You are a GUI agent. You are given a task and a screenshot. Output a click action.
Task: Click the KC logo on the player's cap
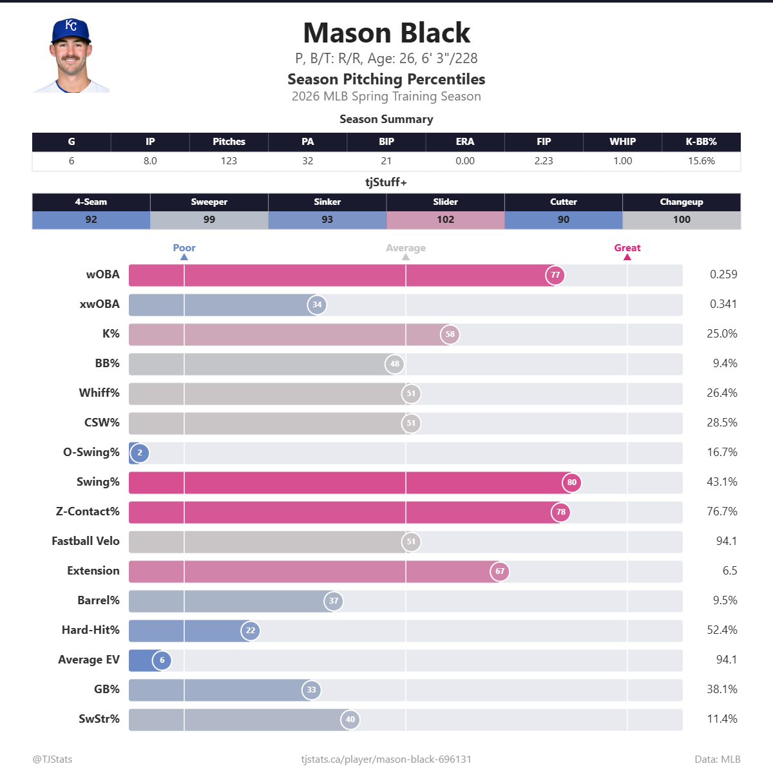[x=71, y=26]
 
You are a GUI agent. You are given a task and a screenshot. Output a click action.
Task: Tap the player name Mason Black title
[x=386, y=33]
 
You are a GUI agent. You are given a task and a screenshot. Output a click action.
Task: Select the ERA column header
[x=464, y=142]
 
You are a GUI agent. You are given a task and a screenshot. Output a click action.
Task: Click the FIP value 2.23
[x=544, y=161]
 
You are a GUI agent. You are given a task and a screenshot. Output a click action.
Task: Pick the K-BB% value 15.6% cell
[x=701, y=161]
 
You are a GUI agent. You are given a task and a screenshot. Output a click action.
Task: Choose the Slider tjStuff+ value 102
[x=445, y=220]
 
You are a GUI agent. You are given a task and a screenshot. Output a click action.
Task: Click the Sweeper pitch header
[x=209, y=202]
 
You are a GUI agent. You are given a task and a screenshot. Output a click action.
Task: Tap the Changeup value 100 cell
[x=682, y=220]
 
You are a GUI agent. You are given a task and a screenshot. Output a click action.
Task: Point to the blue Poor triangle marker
[x=184, y=257]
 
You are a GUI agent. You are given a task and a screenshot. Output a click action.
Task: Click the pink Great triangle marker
[x=627, y=257]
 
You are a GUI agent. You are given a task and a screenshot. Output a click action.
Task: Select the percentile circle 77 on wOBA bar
[x=555, y=275]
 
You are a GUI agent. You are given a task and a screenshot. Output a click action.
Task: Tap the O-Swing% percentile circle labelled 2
[x=140, y=453]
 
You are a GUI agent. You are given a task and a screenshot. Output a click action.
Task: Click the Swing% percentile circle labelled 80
[x=571, y=482]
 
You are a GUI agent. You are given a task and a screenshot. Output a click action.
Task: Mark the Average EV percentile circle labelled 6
[x=162, y=660]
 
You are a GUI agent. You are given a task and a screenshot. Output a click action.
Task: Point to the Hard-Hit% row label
[x=90, y=630]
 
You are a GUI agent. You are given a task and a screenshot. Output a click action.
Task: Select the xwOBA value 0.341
[x=723, y=304]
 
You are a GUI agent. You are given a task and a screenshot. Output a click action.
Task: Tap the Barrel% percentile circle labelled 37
[x=333, y=601]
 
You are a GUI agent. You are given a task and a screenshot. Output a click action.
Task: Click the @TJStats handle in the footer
[x=52, y=759]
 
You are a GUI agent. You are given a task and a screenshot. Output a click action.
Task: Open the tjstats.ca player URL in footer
[x=386, y=759]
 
